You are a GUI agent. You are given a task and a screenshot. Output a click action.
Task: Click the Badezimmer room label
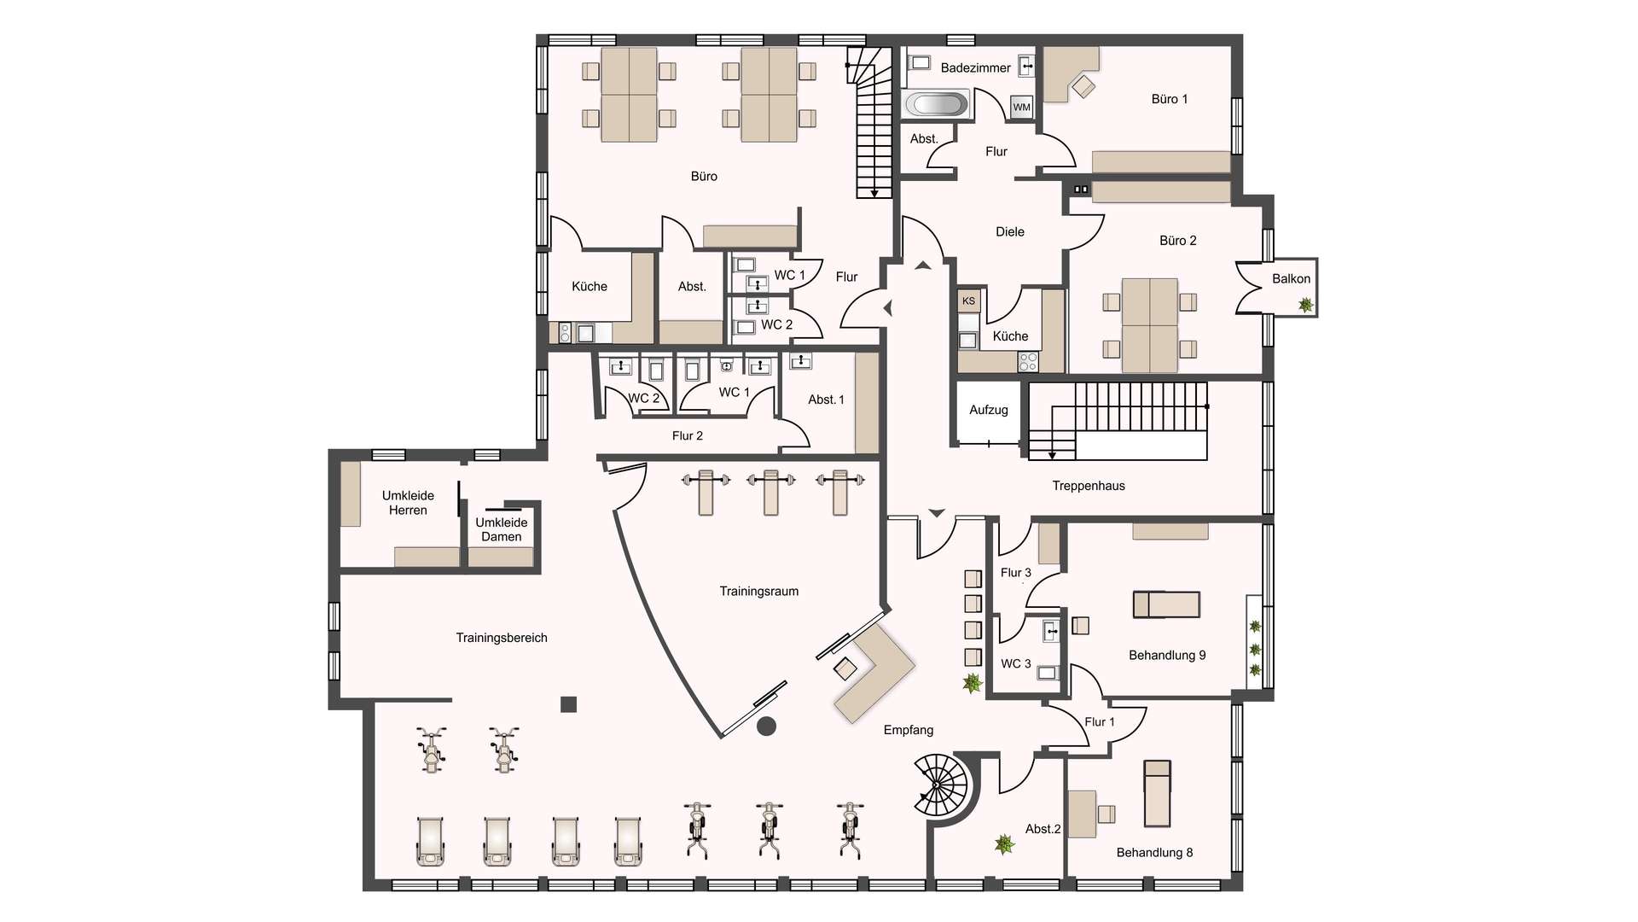(975, 67)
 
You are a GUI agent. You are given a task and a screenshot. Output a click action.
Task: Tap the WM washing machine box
(1021, 107)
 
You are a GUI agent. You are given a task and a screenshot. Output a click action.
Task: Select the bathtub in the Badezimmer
(936, 104)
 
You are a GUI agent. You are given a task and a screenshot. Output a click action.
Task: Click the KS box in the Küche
(968, 301)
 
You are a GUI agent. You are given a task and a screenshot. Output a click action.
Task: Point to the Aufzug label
(989, 410)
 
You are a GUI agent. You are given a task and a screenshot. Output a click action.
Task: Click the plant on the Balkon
(1305, 304)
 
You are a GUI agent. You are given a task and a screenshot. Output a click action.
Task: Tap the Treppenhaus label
(1089, 486)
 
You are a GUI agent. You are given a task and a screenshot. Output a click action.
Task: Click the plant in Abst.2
(1004, 844)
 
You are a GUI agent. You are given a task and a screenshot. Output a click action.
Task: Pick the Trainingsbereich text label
(502, 638)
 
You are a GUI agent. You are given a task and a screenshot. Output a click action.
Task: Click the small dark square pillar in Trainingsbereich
(569, 704)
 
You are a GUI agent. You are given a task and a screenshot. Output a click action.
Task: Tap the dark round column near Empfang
(766, 726)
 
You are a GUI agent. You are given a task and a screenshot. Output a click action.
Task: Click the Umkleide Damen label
(502, 529)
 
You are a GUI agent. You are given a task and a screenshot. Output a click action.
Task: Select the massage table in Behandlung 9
(1166, 604)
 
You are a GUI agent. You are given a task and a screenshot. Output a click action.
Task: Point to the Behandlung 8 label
(1154, 852)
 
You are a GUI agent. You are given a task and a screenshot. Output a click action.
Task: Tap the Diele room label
(1010, 231)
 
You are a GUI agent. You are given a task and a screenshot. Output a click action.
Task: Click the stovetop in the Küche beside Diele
(1028, 362)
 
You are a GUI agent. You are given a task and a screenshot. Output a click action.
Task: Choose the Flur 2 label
(688, 435)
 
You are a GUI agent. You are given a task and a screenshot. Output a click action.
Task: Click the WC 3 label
(1016, 663)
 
